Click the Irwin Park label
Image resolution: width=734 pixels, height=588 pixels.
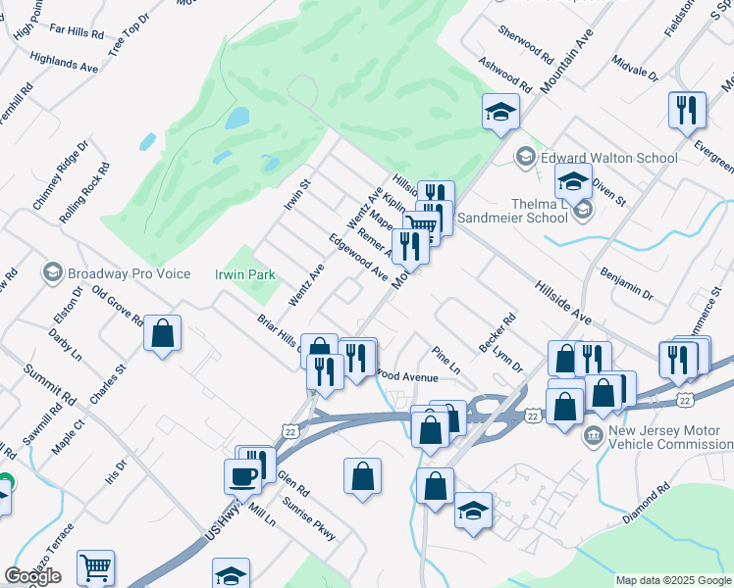[245, 275]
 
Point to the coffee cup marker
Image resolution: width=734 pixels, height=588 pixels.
[242, 475]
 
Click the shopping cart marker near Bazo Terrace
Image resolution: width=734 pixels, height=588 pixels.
[95, 565]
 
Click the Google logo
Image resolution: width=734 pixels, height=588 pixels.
[33, 575]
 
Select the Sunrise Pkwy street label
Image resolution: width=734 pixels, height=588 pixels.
[309, 518]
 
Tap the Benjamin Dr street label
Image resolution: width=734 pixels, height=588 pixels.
[627, 280]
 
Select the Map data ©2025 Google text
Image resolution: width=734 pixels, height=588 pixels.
[673, 580]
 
